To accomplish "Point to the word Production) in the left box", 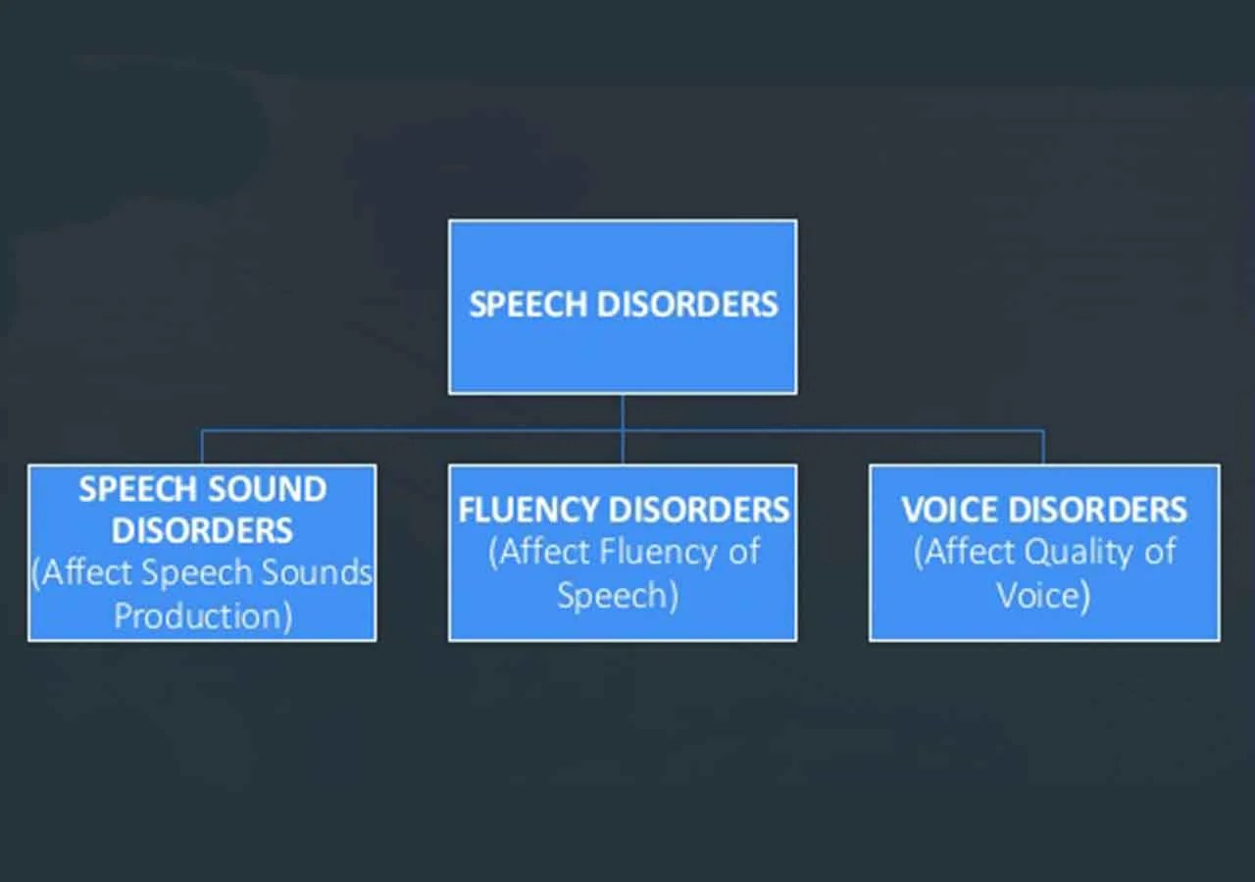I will pos(203,616).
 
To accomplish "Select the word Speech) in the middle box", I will pos(618,595).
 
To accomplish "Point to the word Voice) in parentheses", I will pos(1043,595).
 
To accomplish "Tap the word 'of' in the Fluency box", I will pos(743,553).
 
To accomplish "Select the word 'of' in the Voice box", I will pos(1159,553).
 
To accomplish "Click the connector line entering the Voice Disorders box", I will pos(1043,447).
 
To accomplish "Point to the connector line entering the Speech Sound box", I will pos(202,447).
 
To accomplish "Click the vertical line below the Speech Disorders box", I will pos(623,412).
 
